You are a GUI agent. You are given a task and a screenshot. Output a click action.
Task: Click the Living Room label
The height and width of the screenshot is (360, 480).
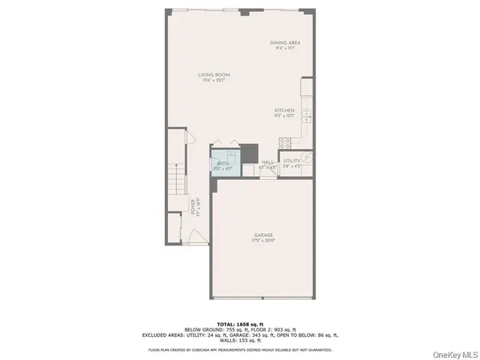point(214,75)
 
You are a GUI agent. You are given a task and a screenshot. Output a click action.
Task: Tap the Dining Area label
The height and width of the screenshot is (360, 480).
point(285,43)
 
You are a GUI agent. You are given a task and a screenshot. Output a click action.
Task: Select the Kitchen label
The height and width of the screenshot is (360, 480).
point(284,110)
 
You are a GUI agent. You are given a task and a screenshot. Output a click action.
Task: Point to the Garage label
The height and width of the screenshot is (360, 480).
point(262,235)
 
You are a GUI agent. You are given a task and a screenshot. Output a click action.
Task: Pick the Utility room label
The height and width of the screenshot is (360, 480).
point(291,160)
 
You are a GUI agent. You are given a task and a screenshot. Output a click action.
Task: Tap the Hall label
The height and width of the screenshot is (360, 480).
point(268,162)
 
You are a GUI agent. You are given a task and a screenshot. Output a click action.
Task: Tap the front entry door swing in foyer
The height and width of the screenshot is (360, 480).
point(196,238)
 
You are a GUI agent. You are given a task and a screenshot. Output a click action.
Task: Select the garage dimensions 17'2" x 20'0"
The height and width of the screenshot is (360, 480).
point(262,240)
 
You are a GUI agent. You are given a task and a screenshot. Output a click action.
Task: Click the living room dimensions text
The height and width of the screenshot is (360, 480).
point(214,80)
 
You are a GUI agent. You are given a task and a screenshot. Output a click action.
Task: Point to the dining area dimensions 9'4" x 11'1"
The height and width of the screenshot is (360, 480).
point(285,49)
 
